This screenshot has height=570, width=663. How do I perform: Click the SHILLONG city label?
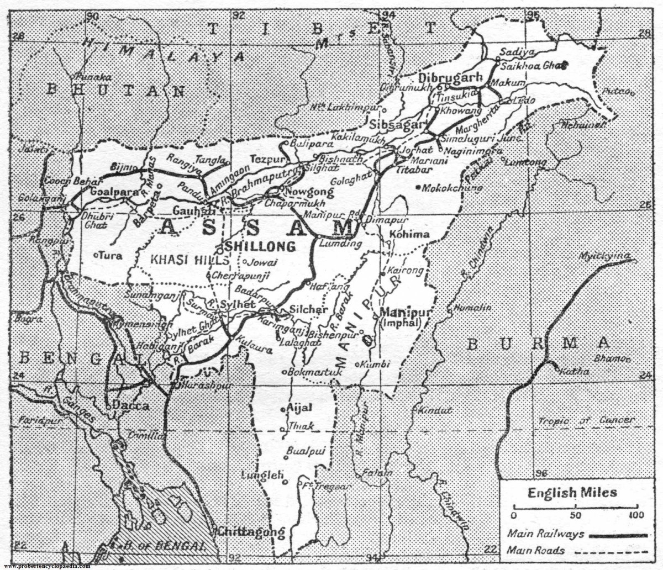pos(260,246)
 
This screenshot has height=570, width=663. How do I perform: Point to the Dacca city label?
pos(130,405)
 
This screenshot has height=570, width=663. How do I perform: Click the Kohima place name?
pos(409,235)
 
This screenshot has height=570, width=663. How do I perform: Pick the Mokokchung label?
pos(452,188)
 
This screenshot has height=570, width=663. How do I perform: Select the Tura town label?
pos(110,255)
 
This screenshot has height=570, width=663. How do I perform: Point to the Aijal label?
pos(299,408)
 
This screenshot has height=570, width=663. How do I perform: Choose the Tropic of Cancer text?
pos(587,420)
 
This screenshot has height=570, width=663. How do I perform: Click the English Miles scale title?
pos(572,493)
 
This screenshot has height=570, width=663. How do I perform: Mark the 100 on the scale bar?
pos(636,515)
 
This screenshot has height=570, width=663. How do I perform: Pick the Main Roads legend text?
pos(535,550)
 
